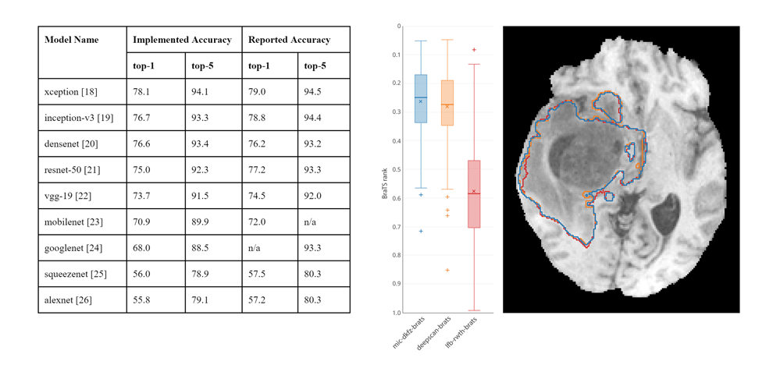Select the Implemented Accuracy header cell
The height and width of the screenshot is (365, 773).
(182, 40)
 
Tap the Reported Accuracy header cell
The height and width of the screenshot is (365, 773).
(289, 40)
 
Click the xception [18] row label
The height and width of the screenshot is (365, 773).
(71, 92)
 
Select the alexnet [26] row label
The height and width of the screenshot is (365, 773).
(69, 299)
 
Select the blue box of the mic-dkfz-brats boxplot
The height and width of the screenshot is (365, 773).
(420, 99)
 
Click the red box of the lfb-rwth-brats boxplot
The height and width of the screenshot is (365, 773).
(474, 194)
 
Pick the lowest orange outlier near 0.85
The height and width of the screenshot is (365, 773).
(447, 270)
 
